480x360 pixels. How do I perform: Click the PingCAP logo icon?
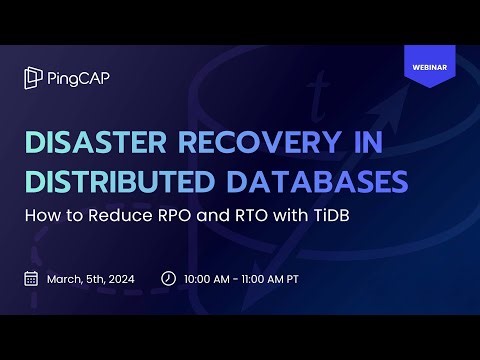pyautogui.click(x=33, y=78)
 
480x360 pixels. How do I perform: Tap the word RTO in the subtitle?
pyautogui.click(x=261, y=216)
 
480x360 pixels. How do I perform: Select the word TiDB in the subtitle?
pyautogui.click(x=344, y=216)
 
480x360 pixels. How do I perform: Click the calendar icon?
pyautogui.click(x=31, y=279)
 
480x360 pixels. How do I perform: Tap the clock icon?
pyautogui.click(x=168, y=279)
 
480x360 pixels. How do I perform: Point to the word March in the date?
pyautogui.click(x=65, y=279)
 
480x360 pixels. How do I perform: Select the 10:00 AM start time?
pyautogui.click(x=211, y=279)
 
